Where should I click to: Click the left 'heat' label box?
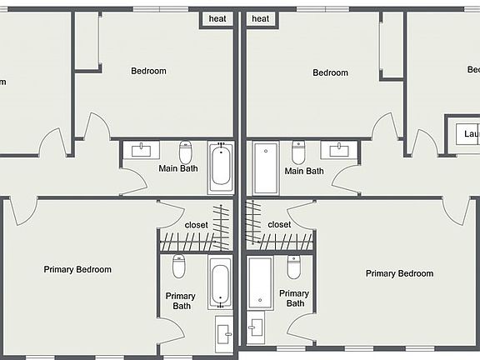217,19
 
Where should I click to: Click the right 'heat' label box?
261,19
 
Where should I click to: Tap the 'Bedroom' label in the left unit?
148,71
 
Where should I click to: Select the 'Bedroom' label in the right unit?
330,72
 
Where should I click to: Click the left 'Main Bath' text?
178,168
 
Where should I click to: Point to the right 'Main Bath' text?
304,171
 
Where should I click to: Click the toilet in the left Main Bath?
186,152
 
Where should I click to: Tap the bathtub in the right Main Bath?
266,167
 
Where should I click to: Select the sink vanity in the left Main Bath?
144,150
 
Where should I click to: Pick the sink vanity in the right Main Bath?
340,151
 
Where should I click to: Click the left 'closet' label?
196,225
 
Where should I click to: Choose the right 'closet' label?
279,225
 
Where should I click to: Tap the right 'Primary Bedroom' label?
399,273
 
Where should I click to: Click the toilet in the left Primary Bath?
179,267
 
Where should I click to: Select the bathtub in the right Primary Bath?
259,282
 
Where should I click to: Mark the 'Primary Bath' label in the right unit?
294,298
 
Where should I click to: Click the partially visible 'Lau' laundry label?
470,134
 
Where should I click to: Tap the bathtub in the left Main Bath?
222,167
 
